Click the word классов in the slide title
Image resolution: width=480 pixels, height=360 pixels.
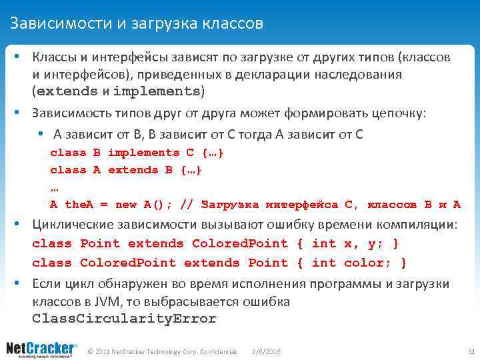[x=234, y=23]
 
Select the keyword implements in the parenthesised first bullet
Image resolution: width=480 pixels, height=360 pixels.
[x=157, y=91]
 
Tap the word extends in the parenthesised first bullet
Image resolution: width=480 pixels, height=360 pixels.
[x=66, y=91]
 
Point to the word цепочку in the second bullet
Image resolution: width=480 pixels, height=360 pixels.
[x=393, y=113]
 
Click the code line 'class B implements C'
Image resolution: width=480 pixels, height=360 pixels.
[x=137, y=153]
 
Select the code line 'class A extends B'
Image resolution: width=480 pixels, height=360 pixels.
[x=125, y=170]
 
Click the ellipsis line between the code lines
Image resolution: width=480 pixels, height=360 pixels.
[x=54, y=187]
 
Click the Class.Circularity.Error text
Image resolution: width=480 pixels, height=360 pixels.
[x=124, y=319]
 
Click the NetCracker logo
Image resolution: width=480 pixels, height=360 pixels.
[x=42, y=349]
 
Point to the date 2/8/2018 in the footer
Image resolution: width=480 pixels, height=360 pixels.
[x=267, y=351]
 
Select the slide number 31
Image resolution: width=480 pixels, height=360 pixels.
[x=470, y=351]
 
